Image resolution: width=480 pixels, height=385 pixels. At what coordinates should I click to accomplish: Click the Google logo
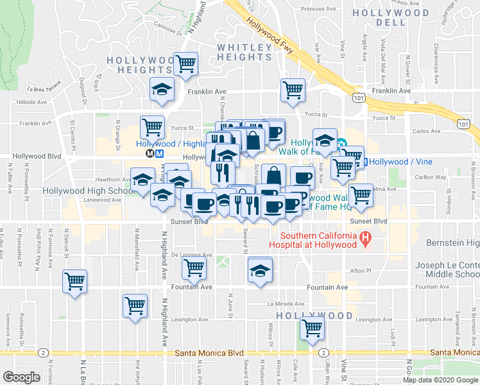[21, 377]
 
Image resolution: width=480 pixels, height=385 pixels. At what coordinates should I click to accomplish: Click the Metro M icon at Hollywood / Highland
[149, 153]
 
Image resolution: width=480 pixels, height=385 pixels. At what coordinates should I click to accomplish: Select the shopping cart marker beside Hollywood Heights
[186, 64]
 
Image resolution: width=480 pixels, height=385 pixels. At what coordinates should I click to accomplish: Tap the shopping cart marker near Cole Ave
[312, 329]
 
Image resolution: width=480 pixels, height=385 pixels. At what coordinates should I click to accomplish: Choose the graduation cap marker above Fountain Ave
[260, 269]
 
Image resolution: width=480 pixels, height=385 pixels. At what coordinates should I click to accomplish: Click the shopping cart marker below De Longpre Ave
[194, 269]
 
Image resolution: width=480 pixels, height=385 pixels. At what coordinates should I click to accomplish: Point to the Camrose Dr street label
[168, 28]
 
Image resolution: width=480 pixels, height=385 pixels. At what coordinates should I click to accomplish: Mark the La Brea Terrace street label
[44, 85]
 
